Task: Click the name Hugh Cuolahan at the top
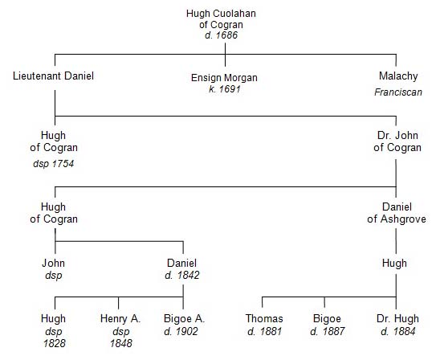click(221, 14)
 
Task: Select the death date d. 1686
click(221, 35)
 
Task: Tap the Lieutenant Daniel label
click(53, 76)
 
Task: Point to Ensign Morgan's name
click(224, 78)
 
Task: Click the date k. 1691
click(225, 89)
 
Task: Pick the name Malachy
click(398, 76)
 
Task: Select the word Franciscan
click(398, 92)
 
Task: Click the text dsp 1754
click(53, 164)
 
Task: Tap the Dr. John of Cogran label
click(397, 141)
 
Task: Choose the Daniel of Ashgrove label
click(397, 213)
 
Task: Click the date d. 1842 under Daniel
click(182, 275)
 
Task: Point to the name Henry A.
click(120, 319)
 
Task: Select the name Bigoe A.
click(184, 319)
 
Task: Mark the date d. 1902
click(181, 331)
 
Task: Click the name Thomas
click(264, 319)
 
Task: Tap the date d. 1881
click(264, 331)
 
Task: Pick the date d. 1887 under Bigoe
click(328, 331)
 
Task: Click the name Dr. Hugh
click(397, 319)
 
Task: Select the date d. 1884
click(398, 331)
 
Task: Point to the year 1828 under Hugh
click(54, 343)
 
